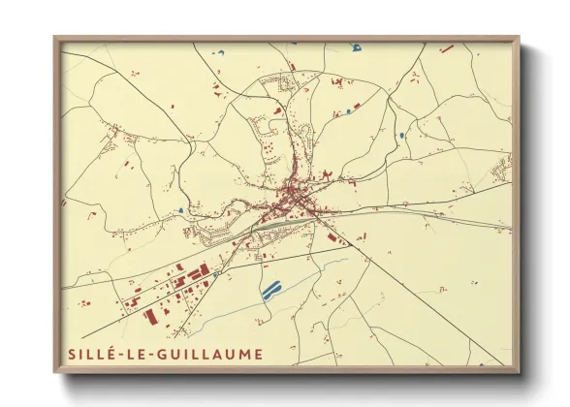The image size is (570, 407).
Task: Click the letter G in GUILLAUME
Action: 166,354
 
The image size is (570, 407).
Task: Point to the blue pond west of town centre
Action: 181,210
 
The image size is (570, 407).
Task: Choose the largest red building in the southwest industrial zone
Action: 150,315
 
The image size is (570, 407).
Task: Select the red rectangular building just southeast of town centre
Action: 333,235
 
